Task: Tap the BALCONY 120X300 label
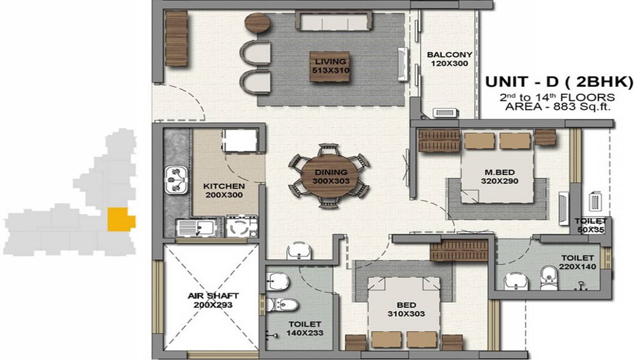click(449, 59)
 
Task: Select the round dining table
click(329, 176)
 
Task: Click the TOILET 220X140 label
click(577, 262)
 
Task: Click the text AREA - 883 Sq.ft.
click(559, 107)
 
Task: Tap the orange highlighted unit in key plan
click(120, 219)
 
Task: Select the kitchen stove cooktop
click(240, 227)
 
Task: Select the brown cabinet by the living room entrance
click(177, 38)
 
